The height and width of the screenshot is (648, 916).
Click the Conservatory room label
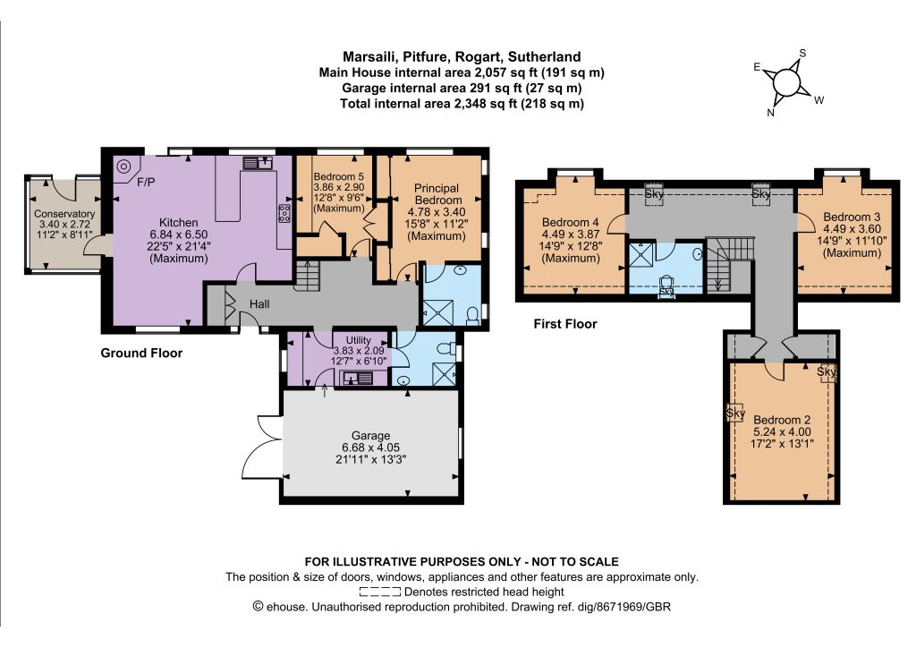coord(64,214)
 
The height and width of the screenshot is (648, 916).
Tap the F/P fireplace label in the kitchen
coord(146,183)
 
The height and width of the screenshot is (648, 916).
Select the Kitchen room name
coord(178,223)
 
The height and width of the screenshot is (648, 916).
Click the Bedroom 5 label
coord(339,176)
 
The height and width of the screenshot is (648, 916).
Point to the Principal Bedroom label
coord(437,194)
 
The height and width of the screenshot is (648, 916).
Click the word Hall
coord(259,303)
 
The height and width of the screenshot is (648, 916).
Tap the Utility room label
coord(358,340)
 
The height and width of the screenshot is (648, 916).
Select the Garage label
coord(371,435)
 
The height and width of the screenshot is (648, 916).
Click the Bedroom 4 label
coord(570,222)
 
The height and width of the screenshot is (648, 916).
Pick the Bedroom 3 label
coord(852,217)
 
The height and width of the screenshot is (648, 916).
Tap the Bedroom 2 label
coord(782,420)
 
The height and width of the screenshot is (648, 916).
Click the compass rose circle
coord(787,82)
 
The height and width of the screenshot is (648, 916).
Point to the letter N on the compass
coord(770,113)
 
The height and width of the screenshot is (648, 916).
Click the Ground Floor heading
coord(141,353)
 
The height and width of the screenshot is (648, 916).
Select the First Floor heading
coord(565,324)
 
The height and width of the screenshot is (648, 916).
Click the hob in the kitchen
coord(285,213)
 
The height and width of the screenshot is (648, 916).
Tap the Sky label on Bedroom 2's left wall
coord(735,414)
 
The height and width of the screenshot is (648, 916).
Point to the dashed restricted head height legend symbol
coord(380,592)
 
